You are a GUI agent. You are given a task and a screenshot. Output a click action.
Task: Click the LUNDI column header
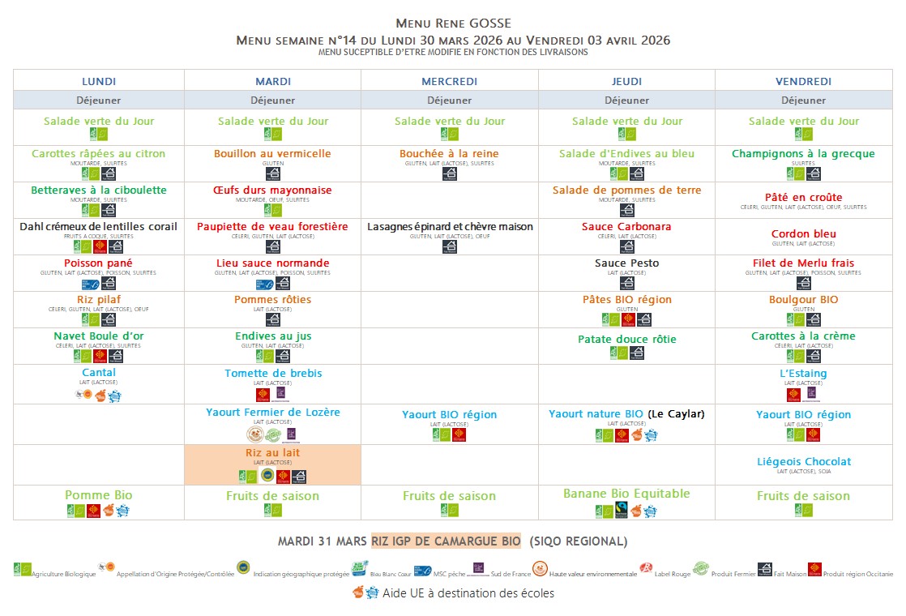tap(99, 81)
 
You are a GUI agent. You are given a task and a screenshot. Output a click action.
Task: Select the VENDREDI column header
tap(803, 81)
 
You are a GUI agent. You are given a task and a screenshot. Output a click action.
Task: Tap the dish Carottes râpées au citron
tap(99, 154)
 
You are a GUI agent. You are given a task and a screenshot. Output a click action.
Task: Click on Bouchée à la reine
tap(449, 154)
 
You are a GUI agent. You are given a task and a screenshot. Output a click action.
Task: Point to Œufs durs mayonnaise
tap(272, 190)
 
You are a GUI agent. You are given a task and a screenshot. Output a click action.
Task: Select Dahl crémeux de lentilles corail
tap(99, 227)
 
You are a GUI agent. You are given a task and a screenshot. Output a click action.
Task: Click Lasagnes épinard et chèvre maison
tap(450, 227)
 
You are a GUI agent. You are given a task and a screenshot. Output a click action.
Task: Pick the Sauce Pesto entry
tap(626, 263)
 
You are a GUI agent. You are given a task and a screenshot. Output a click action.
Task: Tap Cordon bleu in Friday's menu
tap(803, 234)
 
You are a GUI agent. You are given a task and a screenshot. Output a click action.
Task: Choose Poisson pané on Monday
tap(99, 263)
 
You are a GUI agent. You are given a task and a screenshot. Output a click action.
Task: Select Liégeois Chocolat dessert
tap(803, 462)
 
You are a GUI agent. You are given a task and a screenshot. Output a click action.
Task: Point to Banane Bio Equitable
tap(626, 494)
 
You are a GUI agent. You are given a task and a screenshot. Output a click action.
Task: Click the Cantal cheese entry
tap(99, 373)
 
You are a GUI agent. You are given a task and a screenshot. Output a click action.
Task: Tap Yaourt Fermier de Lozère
tap(272, 413)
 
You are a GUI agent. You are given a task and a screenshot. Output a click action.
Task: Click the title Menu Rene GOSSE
tap(453, 24)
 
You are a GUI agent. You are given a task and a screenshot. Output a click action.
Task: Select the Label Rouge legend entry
tap(669, 574)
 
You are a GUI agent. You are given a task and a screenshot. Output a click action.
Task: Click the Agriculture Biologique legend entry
tap(63, 574)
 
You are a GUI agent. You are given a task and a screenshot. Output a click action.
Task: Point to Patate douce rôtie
tap(626, 340)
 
